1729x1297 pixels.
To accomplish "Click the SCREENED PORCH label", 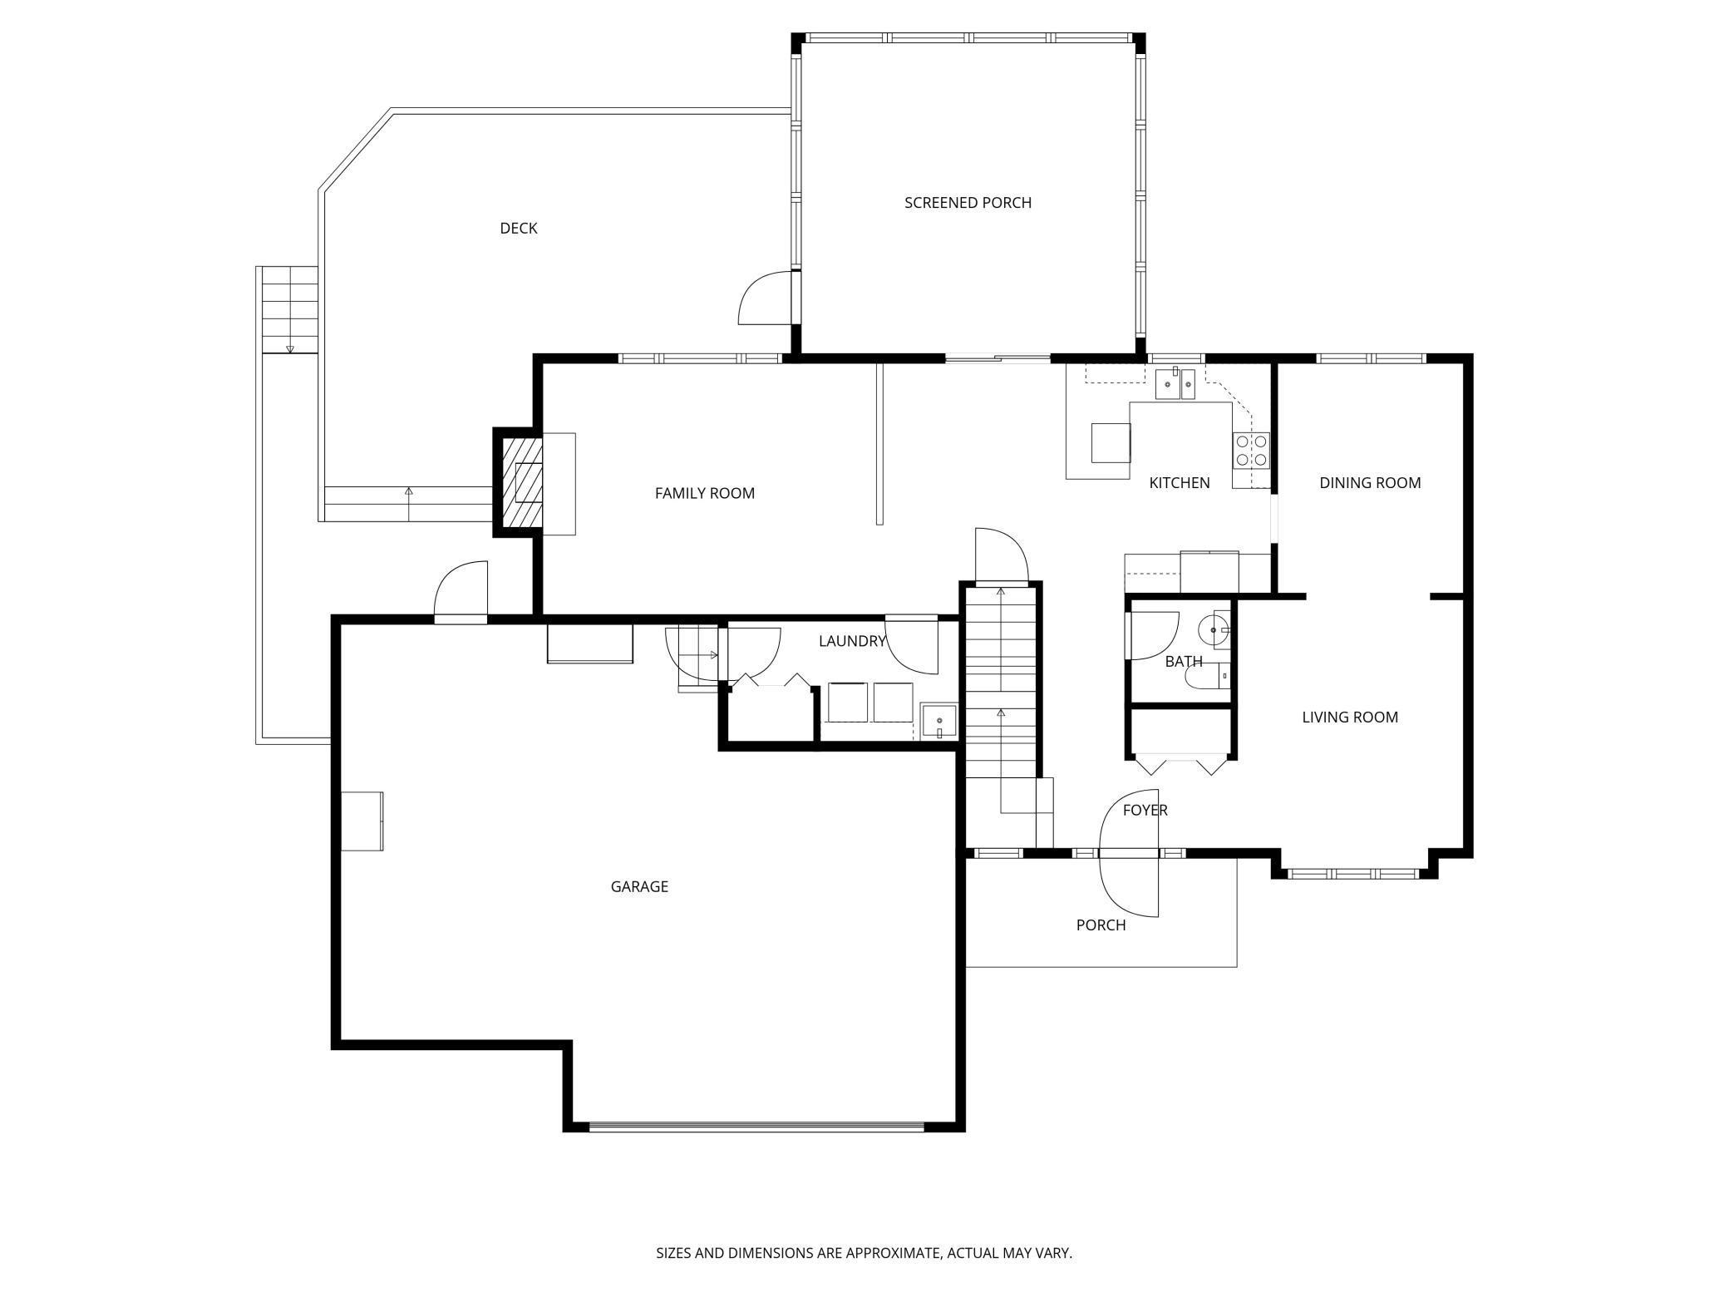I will [968, 203].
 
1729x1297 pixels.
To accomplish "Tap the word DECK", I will [518, 229].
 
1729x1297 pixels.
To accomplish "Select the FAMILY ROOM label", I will [704, 493].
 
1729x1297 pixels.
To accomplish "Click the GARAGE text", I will [639, 887].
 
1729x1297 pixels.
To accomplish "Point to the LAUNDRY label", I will [851, 641].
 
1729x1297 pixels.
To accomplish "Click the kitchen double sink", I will [1175, 385].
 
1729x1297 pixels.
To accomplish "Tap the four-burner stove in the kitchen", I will [1251, 450].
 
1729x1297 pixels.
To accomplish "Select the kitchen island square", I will [1111, 442].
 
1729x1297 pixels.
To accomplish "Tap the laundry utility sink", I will [939, 722].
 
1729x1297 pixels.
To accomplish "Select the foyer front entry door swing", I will [1128, 853].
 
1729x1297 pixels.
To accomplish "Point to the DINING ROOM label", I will [1370, 483].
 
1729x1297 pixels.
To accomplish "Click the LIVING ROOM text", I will [1350, 718].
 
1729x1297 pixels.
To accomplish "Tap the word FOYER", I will [1145, 811].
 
